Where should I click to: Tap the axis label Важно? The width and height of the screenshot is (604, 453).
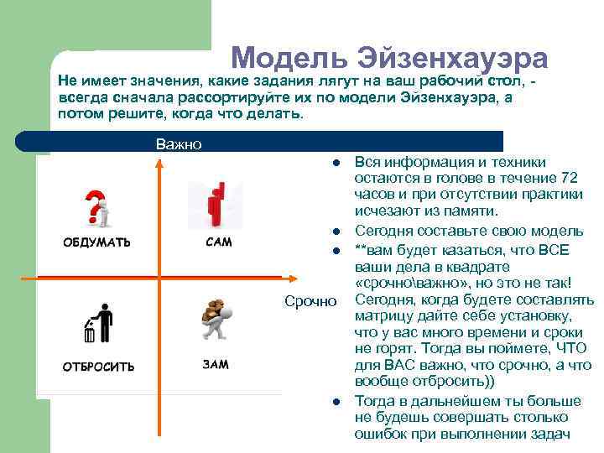point(178,144)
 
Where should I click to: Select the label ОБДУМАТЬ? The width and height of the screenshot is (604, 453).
point(97,242)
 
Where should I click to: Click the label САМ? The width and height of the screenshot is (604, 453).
point(218,242)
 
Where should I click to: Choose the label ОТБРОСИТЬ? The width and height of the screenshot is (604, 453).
point(98,366)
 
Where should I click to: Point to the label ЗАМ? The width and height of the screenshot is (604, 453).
point(215,365)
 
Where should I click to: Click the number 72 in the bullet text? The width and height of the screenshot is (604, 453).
point(568,178)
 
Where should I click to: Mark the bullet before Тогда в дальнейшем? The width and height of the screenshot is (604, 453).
point(333,401)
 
